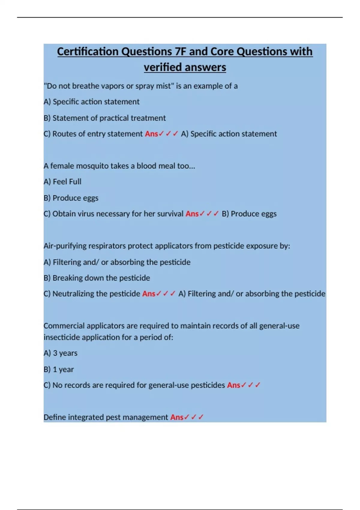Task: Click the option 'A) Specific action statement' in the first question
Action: point(91,102)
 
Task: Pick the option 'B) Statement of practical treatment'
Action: point(104,118)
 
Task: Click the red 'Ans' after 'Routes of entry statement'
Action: point(151,134)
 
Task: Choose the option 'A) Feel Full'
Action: point(62,182)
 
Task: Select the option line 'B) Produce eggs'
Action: point(71,198)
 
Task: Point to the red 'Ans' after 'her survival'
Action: point(192,214)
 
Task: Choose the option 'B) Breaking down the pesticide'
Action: point(97,278)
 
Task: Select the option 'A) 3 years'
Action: point(60,353)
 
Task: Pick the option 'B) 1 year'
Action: point(58,369)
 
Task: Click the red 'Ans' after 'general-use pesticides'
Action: point(233,385)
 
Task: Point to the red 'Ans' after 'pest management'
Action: point(177,417)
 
